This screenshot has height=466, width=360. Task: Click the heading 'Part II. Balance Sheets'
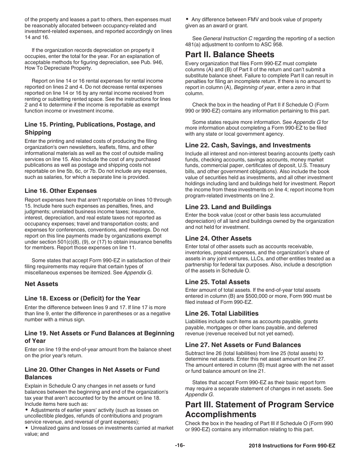tap(230, 54)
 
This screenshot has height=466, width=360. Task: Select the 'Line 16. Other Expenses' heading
tap(61, 191)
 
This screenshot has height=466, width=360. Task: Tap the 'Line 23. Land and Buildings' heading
tap(228, 207)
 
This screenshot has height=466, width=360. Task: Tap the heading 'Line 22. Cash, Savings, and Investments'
tap(248, 145)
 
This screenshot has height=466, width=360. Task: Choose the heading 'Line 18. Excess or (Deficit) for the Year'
tap(82, 298)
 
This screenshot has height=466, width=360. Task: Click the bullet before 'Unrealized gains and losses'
tap(27, 428)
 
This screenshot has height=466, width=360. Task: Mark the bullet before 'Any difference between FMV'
tap(188, 19)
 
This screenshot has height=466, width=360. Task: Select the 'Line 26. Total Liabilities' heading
tap(222, 313)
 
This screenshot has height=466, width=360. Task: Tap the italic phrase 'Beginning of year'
tap(255, 87)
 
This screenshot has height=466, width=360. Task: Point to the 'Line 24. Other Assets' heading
tap(218, 238)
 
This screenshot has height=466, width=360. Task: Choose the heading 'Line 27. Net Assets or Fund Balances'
tap(243, 345)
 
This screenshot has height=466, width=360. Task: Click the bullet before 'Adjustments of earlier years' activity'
tap(27, 410)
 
